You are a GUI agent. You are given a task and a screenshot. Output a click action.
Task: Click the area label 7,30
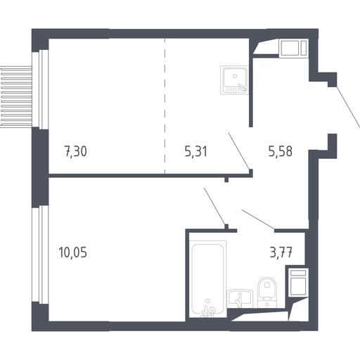click(75, 151)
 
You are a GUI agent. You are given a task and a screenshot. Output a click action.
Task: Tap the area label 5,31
click(196, 151)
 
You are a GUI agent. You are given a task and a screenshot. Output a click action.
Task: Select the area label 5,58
click(281, 151)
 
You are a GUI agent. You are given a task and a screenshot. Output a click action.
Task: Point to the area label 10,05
click(73, 252)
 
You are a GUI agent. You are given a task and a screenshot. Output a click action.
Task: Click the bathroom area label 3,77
click(281, 252)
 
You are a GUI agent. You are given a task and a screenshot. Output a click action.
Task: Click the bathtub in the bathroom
click(207, 279)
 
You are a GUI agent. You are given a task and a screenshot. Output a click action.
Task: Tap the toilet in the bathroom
click(267, 292)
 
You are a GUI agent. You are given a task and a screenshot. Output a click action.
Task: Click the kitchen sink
click(234, 80)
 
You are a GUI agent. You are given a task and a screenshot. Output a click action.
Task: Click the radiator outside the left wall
click(16, 97)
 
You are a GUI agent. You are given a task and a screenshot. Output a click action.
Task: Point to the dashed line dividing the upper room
click(165, 106)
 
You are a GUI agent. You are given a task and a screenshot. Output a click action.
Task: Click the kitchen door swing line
click(239, 150)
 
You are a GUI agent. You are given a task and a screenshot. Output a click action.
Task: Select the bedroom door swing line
click(214, 206)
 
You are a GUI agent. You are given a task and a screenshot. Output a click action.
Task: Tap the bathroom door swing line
click(258, 219)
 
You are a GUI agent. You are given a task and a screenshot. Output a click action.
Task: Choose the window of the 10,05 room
click(40, 255)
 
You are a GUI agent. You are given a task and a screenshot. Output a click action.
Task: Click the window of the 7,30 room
click(40, 89)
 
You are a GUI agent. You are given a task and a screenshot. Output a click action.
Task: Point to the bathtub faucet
click(208, 310)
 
